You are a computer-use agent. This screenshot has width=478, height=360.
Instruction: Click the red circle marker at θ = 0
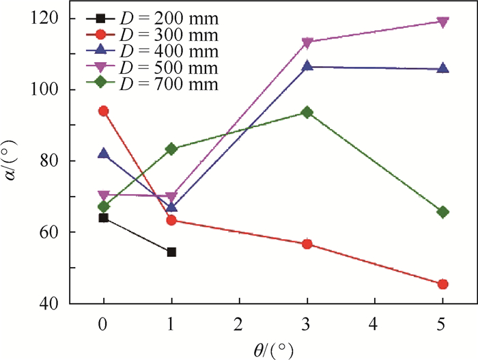[104, 111]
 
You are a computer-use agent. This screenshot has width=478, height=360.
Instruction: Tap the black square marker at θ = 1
[171, 252]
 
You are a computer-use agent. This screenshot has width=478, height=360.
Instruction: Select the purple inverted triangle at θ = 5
[442, 22]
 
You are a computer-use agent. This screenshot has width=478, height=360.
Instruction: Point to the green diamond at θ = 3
[307, 112]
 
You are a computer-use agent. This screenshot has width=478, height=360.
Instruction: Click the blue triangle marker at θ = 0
[104, 153]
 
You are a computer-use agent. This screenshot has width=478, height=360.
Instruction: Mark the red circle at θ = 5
[442, 284]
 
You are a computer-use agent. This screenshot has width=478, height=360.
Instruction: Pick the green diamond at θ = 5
[442, 212]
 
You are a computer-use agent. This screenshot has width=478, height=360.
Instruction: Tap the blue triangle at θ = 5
[442, 68]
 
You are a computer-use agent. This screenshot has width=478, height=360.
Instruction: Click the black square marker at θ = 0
[104, 218]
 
